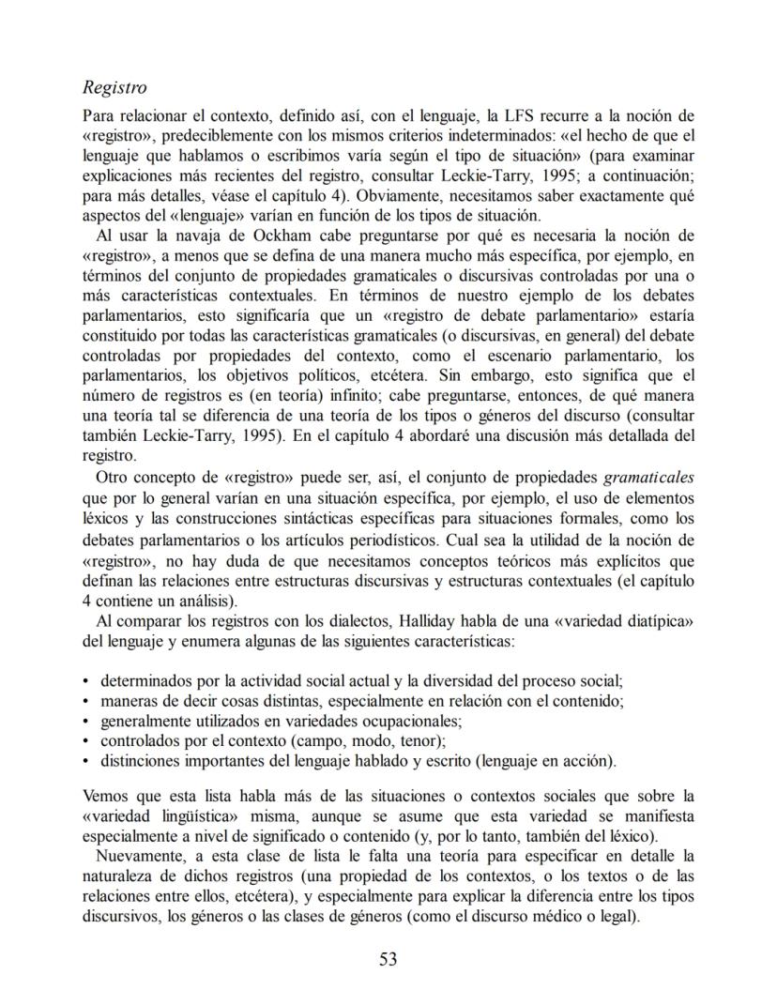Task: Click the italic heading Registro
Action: (114, 89)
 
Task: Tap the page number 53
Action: (388, 958)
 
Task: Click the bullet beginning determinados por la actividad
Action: (86, 680)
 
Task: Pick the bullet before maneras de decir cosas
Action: (86, 700)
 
